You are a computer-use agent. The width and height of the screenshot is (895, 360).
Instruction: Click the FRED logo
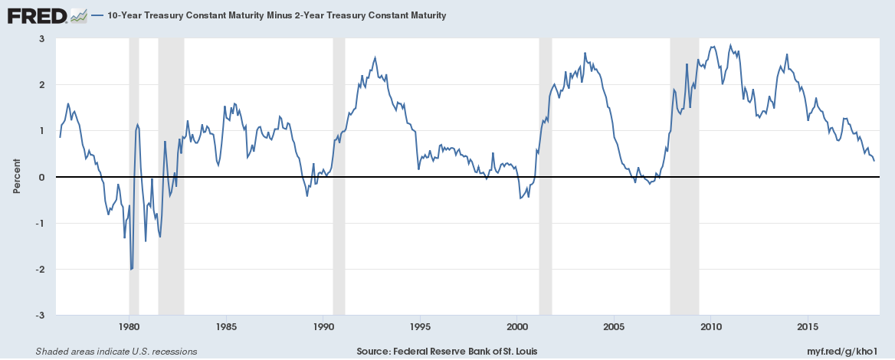point(37,15)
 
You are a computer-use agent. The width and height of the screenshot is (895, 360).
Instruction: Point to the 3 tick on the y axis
point(41,39)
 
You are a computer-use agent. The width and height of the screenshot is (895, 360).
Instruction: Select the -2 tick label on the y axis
point(40,270)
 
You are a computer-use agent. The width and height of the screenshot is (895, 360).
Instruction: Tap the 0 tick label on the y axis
point(41,177)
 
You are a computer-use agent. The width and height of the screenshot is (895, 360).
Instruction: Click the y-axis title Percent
point(16,177)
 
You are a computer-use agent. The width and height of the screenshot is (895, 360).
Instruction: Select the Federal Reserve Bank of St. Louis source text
point(447,352)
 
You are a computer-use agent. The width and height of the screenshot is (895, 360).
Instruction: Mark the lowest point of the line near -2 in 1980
point(131,269)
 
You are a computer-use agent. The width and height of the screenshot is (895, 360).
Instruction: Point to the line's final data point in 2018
point(874,161)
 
